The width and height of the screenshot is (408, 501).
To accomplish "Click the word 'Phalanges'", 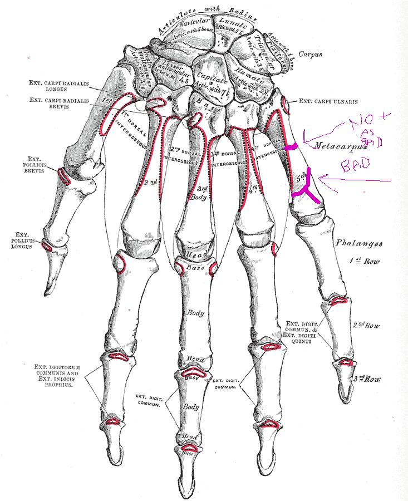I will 358,244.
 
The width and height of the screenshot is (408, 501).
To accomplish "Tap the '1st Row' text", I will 365,261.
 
